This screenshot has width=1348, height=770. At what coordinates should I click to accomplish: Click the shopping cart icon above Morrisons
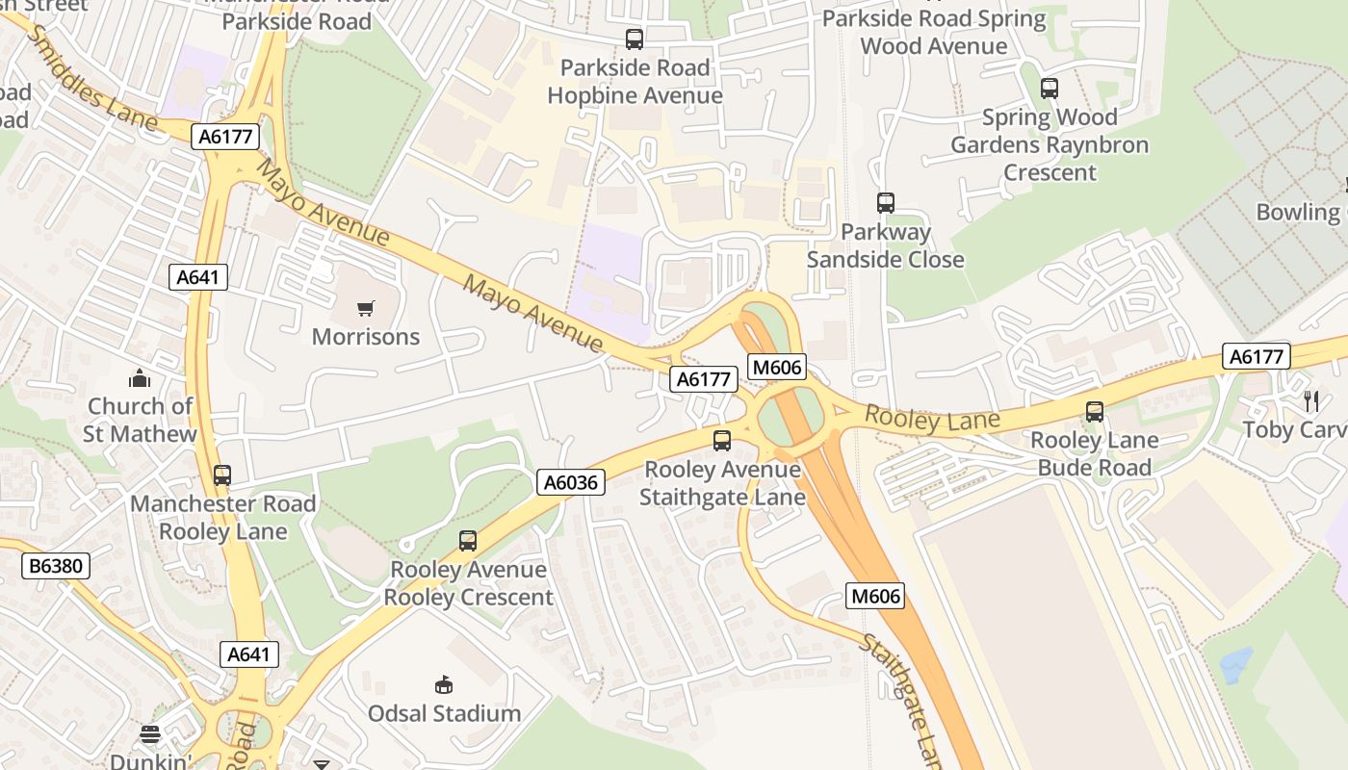(366, 309)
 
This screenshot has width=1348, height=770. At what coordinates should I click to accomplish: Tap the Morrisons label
(366, 337)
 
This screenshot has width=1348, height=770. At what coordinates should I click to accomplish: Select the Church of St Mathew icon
(140, 378)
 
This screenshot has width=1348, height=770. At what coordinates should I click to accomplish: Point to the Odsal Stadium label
(444, 713)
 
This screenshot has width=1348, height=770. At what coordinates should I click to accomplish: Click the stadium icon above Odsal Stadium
(444, 685)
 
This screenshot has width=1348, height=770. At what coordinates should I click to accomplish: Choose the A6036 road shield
(570, 482)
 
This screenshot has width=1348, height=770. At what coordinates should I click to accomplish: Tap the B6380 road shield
(56, 566)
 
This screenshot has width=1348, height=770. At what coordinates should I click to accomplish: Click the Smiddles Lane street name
(91, 79)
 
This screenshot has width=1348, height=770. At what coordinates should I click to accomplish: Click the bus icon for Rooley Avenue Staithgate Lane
(722, 441)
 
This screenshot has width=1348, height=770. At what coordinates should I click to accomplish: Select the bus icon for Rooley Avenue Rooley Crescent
(468, 541)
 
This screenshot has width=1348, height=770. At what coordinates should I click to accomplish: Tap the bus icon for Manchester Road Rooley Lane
(222, 475)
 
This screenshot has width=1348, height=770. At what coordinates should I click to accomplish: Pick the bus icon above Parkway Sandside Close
(886, 203)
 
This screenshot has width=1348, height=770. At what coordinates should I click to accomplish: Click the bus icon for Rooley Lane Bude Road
(1095, 412)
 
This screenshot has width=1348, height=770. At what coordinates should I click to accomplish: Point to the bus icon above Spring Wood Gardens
(1050, 89)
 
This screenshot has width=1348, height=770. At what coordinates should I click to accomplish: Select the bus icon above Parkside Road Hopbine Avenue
(635, 39)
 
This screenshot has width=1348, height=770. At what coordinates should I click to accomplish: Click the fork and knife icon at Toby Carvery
(1309, 400)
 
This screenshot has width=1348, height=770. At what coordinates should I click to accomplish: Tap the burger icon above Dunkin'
(149, 735)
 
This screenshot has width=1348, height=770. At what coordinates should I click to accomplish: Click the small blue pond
(1235, 665)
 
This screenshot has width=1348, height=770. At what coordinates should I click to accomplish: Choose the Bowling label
(1298, 212)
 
